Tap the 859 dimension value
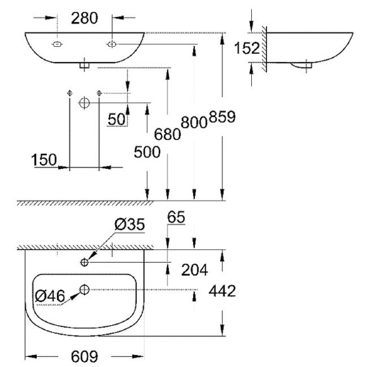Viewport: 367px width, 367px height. (x=223, y=118)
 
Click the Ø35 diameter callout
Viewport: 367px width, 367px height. (x=130, y=225)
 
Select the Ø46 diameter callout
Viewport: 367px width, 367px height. (x=50, y=294)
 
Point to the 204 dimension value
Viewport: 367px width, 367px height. (x=195, y=270)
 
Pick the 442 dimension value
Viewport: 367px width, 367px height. (x=222, y=292)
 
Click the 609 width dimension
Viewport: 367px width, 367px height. (x=84, y=357)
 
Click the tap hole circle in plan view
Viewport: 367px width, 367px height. (x=84, y=261)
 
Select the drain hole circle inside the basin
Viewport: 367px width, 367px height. (x=84, y=289)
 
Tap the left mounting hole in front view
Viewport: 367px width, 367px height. (x=56, y=45)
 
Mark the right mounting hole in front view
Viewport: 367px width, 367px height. (x=111, y=44)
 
